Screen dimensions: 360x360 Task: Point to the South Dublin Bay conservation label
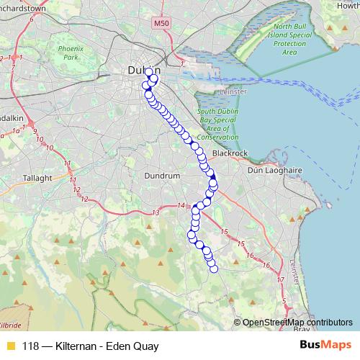[x=217, y=125]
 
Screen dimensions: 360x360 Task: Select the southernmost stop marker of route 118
[x=213, y=269]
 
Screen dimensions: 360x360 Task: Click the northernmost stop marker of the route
[x=149, y=72]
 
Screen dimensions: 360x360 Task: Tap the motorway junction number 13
[x=156, y=212]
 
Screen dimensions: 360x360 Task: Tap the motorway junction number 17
[x=281, y=278]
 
